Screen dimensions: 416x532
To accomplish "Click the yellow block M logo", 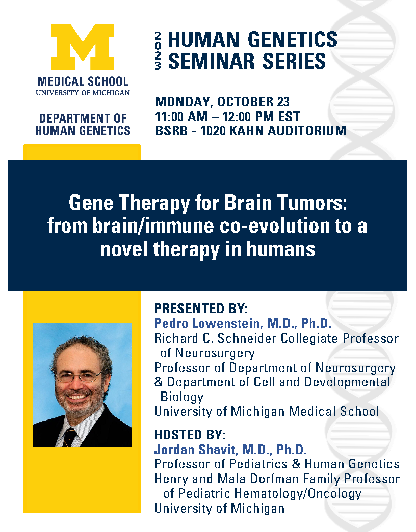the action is pos(83,47).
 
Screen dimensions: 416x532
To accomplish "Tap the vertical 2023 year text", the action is pos(158,50).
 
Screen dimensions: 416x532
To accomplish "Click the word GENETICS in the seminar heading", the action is pos(293,39).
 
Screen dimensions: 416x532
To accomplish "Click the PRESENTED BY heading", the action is pos(201,309).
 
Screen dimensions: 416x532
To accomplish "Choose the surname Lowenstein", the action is pos(227,323).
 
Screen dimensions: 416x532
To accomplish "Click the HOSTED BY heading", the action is pos(190,435).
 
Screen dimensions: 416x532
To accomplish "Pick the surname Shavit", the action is pos(217,450).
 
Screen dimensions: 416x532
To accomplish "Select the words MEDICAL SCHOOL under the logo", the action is pos(83,81).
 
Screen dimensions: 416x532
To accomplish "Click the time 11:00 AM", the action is pos(181,117).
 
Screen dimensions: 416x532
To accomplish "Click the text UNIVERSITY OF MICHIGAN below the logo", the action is pos(83,93).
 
